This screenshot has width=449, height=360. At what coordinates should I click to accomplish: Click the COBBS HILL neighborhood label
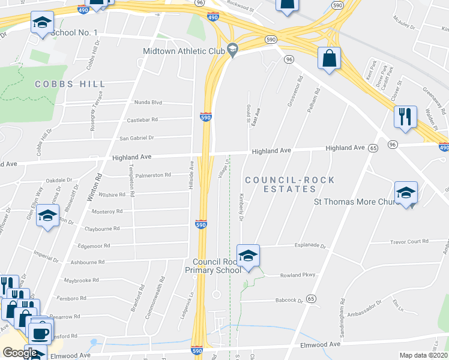(71, 85)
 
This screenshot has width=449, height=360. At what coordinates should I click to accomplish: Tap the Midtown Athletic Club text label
(183, 51)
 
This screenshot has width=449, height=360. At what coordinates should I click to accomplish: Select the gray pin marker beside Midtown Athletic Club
(233, 49)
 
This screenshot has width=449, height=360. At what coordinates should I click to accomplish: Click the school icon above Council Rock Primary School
(248, 256)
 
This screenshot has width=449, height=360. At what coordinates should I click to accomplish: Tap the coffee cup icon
(40, 332)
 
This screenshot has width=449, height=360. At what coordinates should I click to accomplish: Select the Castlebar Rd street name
(142, 120)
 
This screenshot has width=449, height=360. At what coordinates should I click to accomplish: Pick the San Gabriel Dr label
(137, 138)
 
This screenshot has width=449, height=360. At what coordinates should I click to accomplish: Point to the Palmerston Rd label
(153, 175)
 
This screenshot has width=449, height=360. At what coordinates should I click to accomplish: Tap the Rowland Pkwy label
(297, 275)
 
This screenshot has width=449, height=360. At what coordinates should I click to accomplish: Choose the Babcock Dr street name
(291, 301)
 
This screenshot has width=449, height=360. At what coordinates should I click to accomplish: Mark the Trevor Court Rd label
(409, 241)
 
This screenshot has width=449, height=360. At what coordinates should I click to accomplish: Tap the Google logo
(20, 353)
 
